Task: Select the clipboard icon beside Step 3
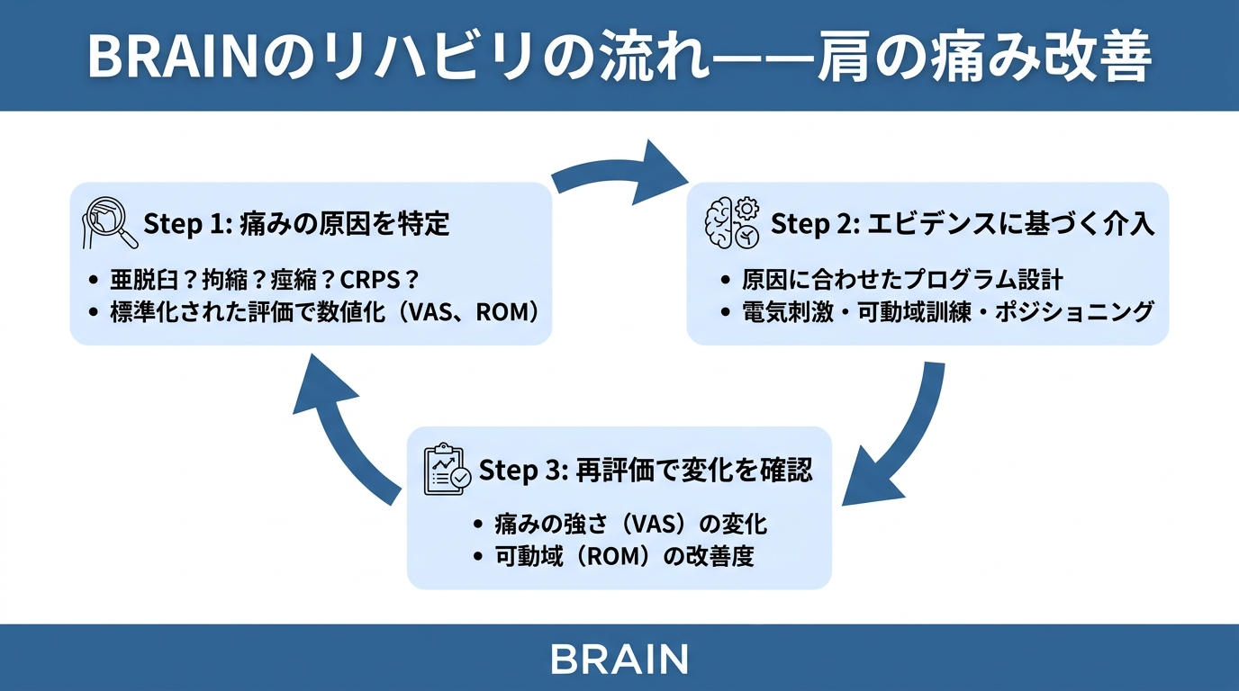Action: coord(448,469)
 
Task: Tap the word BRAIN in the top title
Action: coord(171,56)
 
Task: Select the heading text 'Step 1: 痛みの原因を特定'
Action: coord(296,224)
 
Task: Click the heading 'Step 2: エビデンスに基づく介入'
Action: coord(963,224)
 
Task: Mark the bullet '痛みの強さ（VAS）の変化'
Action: coord(630,524)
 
